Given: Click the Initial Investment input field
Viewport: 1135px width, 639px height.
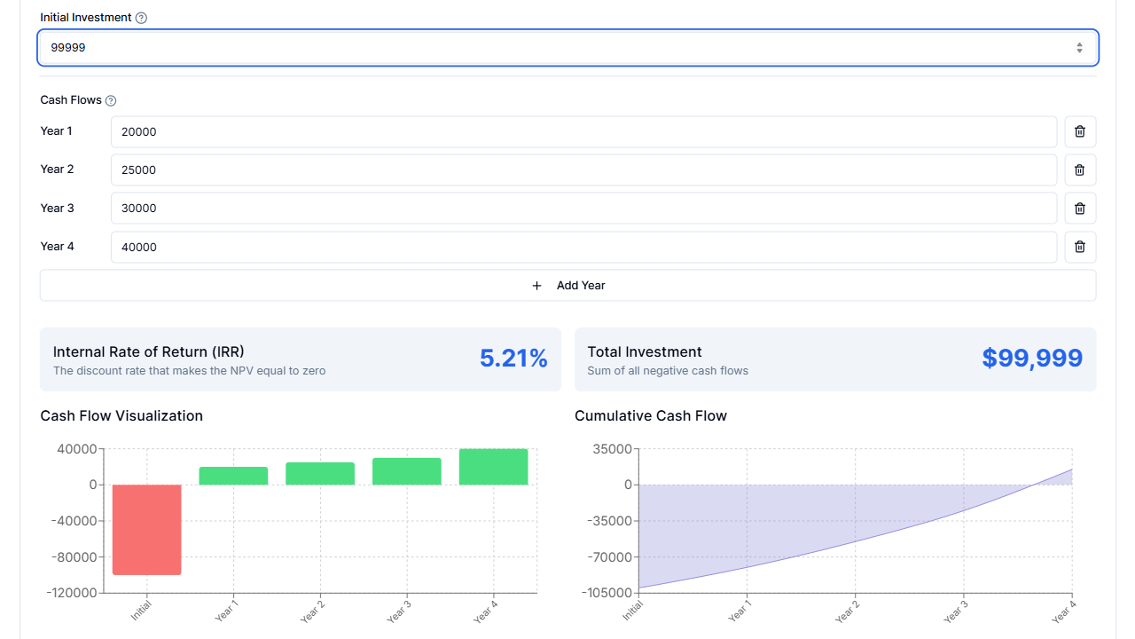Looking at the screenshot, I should (x=550, y=48).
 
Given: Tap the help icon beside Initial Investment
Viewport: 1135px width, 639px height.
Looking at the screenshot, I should (x=141, y=18).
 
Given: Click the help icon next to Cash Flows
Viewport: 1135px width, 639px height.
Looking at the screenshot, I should (x=111, y=101).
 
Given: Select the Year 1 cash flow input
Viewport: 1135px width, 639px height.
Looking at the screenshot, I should (x=583, y=132).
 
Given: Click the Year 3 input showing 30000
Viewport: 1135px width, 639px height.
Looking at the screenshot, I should (x=583, y=209).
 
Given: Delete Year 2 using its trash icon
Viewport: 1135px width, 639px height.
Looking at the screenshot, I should (x=1079, y=170).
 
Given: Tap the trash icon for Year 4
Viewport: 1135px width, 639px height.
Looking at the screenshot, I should (x=1079, y=248).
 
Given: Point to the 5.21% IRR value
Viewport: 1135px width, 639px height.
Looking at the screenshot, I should (x=513, y=359).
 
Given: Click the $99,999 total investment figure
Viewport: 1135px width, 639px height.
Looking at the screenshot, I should (x=1032, y=359).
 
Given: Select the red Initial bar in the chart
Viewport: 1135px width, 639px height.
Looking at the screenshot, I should (x=147, y=529).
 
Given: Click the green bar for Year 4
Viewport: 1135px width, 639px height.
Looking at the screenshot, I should (x=493, y=467).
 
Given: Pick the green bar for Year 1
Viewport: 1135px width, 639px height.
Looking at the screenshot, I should (x=233, y=476).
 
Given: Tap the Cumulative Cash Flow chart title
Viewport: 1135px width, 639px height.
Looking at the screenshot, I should (x=650, y=416).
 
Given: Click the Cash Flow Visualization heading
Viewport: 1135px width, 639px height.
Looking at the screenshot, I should (x=121, y=416).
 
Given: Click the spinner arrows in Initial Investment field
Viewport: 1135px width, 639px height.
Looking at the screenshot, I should (x=1079, y=48).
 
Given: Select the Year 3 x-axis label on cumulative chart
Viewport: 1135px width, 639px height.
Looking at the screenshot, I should (x=955, y=612).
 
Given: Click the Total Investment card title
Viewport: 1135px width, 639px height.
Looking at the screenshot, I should (x=644, y=352).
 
